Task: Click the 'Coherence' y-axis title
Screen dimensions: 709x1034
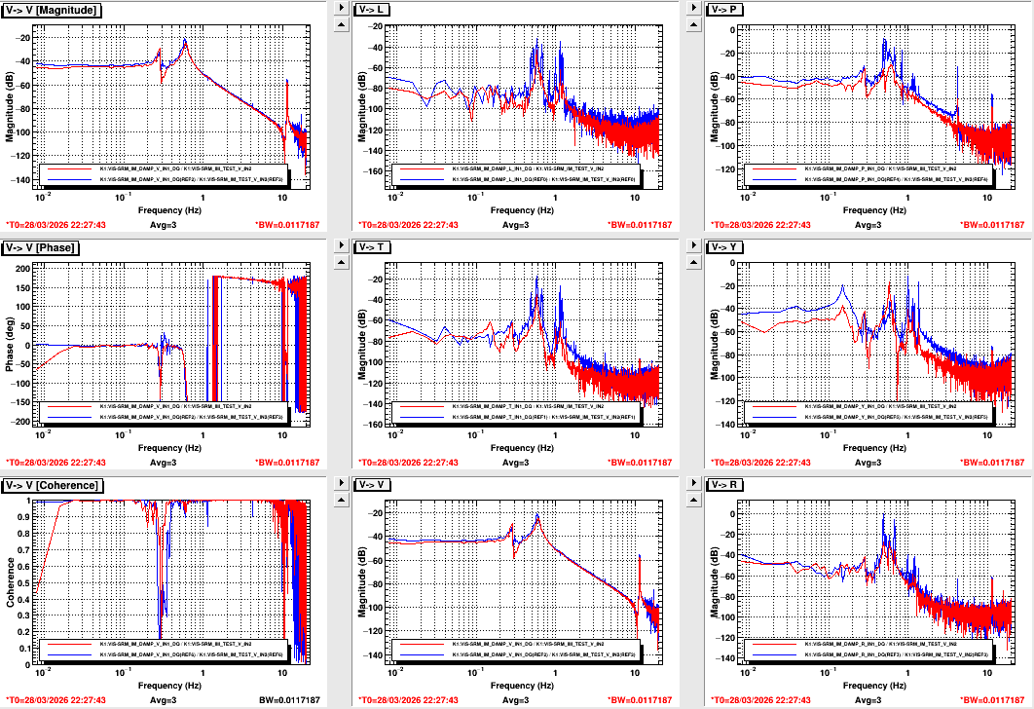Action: (x=10, y=581)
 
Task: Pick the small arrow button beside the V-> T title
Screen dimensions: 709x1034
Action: (x=341, y=244)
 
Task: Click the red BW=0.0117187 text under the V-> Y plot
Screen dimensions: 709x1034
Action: (x=992, y=463)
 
